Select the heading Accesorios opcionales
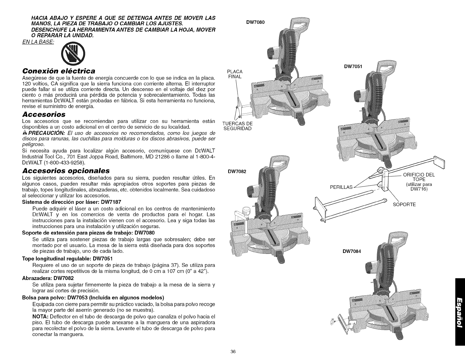(x=66, y=171)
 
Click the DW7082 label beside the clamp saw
(x=237, y=171)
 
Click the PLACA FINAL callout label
(x=235, y=74)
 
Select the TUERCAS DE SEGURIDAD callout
(x=237, y=126)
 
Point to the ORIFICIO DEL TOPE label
(x=419, y=178)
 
